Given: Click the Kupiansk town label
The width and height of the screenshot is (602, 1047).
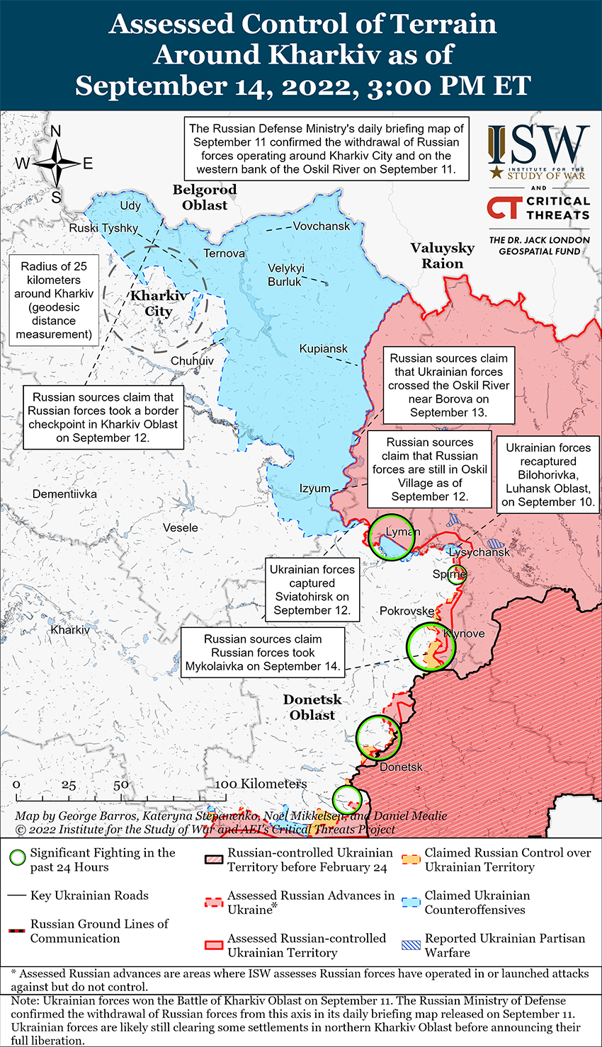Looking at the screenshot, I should (323, 349).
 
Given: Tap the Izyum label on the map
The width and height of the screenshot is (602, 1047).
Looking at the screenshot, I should (314, 488).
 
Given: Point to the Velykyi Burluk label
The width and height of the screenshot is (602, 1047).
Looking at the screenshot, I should (286, 275).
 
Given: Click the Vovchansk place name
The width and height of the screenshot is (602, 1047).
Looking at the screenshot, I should (322, 227).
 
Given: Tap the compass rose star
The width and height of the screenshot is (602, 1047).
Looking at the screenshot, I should (57, 164).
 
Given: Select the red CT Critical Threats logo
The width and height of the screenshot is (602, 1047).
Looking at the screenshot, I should (504, 207).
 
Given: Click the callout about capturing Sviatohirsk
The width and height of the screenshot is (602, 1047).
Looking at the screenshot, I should (312, 590).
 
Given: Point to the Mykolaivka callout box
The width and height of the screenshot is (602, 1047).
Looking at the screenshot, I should (263, 653).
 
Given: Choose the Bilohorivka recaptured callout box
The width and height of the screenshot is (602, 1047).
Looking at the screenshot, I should (548, 475).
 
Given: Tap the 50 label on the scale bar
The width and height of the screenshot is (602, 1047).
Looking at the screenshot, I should (121, 785).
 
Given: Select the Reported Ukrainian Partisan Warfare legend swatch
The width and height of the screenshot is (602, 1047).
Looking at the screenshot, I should (411, 945).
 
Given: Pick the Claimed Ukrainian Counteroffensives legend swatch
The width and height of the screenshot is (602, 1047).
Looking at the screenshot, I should (411, 903).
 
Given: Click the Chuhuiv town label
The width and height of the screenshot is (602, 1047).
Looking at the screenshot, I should (192, 361).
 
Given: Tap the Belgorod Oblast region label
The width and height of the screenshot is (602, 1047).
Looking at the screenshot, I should (205, 198).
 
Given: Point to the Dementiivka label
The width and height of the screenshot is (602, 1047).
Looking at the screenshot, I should (64, 494).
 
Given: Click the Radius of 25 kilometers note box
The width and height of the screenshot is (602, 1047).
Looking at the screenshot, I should (54, 300).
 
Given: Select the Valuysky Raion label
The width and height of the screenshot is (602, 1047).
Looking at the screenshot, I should (443, 256).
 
